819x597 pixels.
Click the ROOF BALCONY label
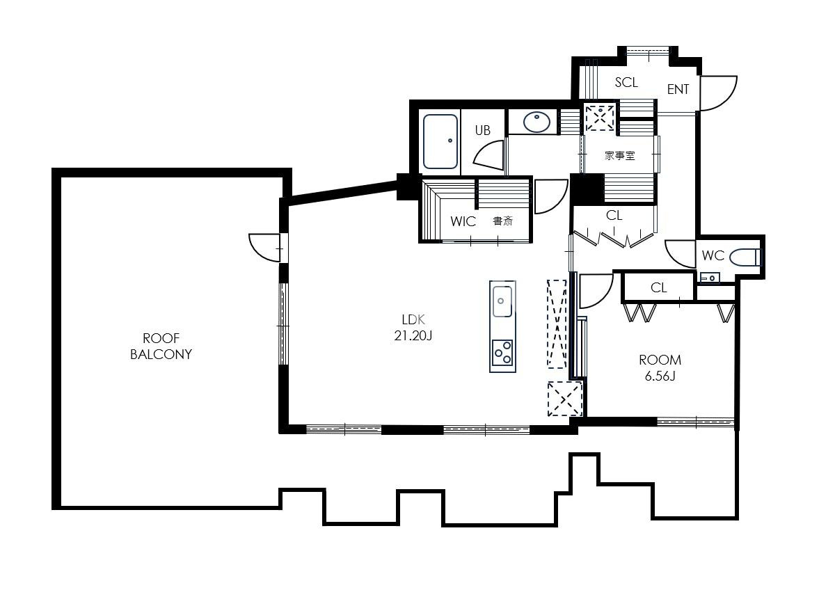point(161,347)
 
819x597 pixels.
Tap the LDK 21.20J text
point(413,328)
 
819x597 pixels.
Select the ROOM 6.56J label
point(660,367)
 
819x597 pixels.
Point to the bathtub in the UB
point(440,141)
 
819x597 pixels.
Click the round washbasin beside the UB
point(536,122)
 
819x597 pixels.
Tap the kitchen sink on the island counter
point(502,301)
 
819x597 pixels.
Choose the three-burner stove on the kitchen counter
point(502,353)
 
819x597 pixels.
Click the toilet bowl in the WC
point(745,257)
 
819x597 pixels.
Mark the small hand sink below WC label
point(710,278)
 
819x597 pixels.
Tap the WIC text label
point(463,221)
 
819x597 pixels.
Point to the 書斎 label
point(502,221)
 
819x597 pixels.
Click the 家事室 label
point(619,155)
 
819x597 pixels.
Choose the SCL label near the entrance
point(626,83)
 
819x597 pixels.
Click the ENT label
point(678,90)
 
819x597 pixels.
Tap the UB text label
point(483,130)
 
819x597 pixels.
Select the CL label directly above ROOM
point(659,288)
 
